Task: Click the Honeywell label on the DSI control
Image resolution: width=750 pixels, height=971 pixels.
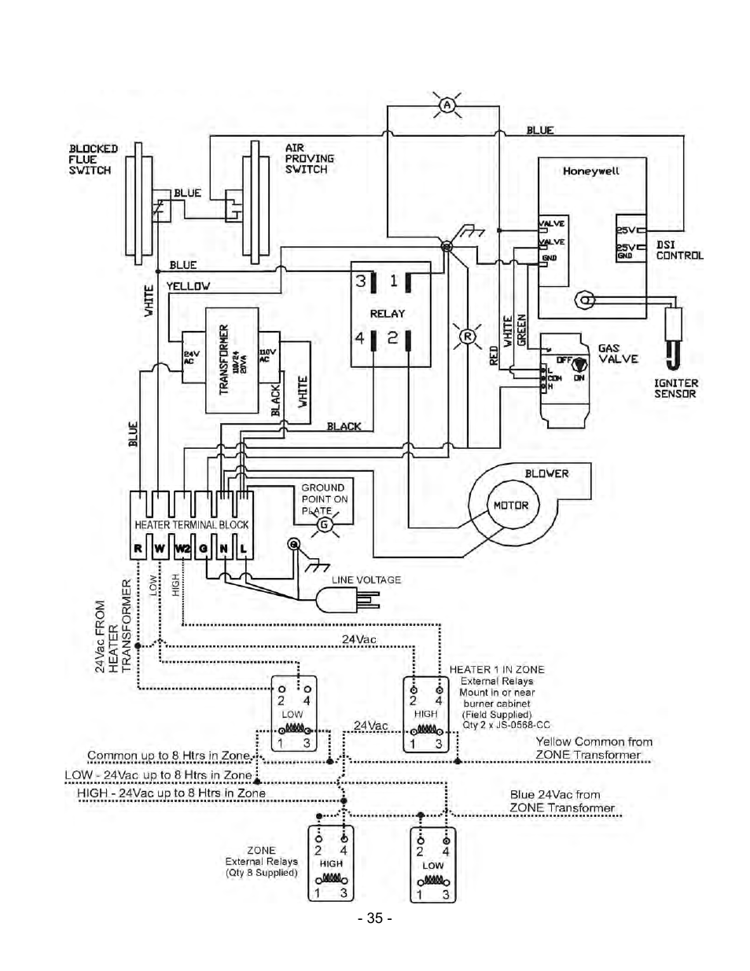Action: (590, 171)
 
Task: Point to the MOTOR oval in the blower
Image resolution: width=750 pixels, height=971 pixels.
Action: (510, 506)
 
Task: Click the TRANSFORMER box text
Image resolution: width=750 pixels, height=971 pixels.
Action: (224, 360)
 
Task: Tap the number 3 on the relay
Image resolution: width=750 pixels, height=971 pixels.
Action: (361, 281)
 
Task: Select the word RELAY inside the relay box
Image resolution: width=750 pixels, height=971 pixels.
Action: (387, 313)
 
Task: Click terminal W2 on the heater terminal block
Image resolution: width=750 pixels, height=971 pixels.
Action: (182, 549)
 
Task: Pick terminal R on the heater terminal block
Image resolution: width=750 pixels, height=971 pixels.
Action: (138, 549)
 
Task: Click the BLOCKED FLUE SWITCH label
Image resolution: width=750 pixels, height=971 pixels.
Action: (93, 159)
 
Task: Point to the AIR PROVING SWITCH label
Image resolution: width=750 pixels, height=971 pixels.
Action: (309, 158)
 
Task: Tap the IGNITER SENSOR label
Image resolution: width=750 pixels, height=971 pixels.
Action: (675, 388)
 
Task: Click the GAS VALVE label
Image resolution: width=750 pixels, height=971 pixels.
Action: (618, 353)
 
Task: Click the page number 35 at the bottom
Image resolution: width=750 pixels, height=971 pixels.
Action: (374, 918)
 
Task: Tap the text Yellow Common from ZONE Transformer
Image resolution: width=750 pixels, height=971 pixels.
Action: (594, 748)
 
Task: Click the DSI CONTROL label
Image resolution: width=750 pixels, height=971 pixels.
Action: (679, 250)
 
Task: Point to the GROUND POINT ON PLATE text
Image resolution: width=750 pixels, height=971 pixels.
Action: (324, 498)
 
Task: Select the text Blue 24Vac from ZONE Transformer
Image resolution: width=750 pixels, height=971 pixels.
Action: (561, 801)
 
